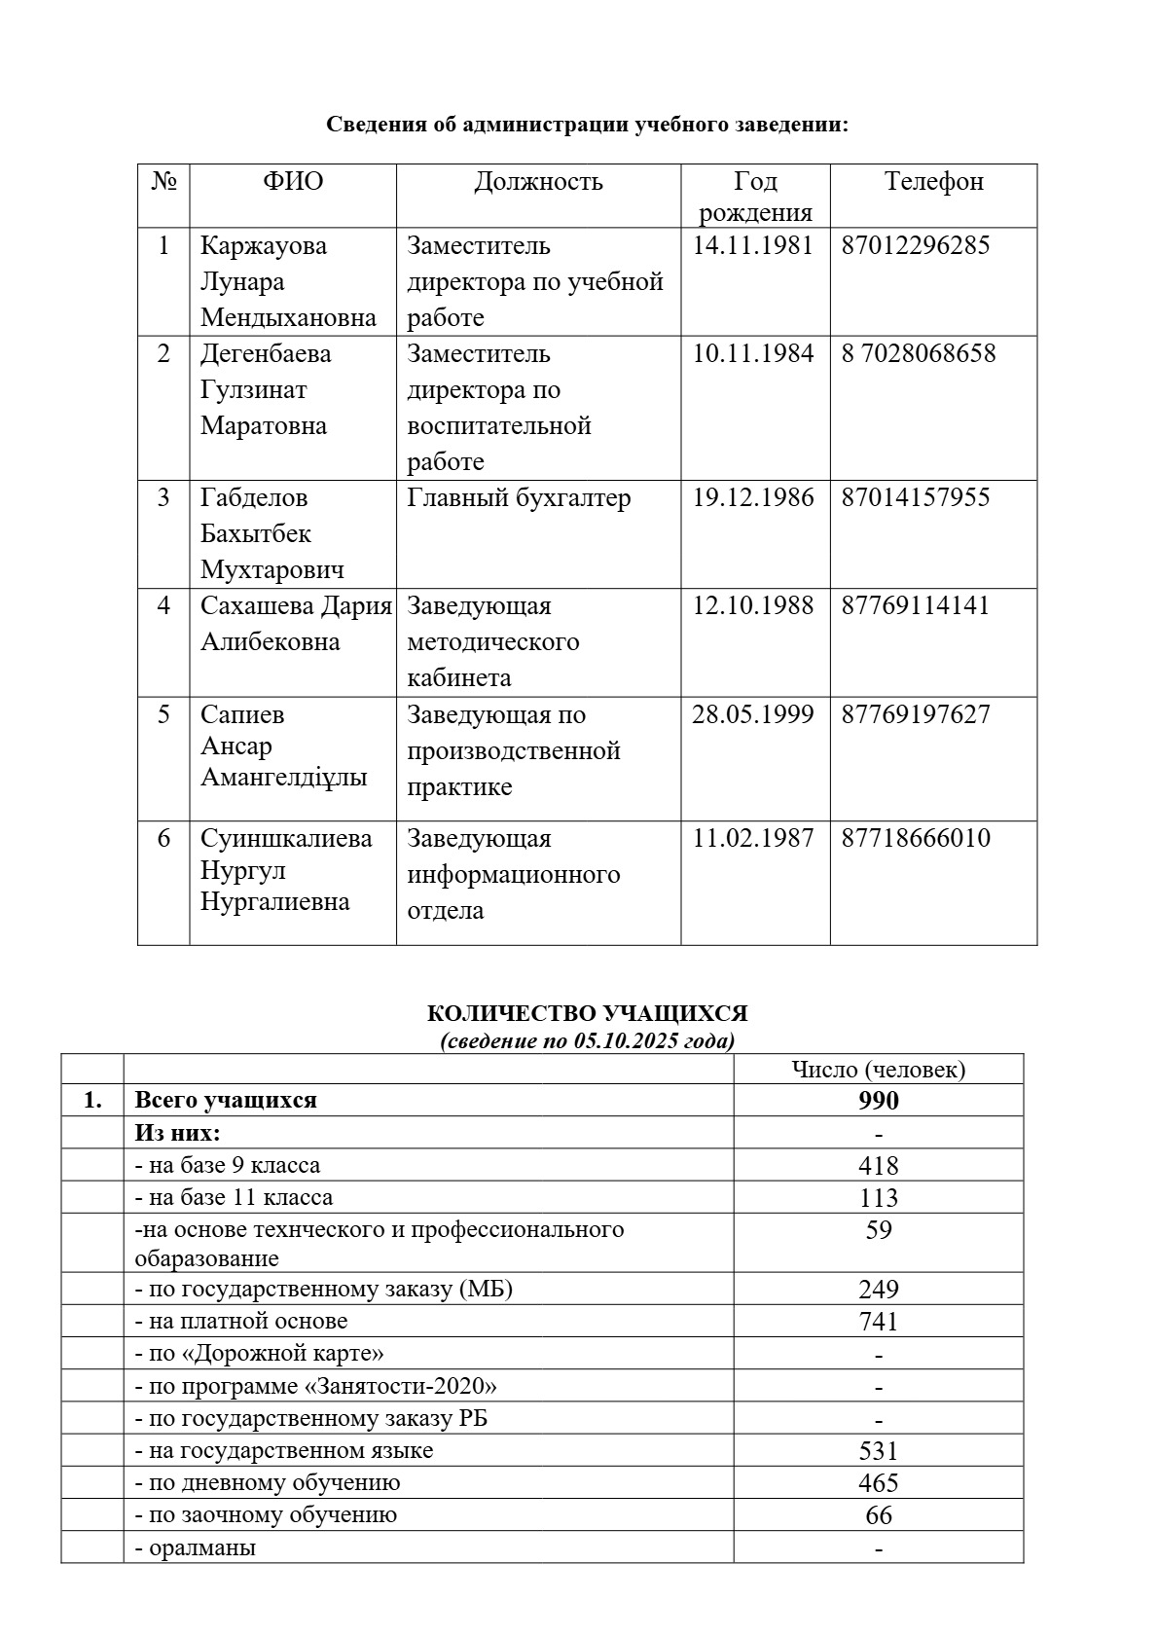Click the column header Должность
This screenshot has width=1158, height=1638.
point(538,182)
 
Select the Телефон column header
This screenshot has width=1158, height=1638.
point(933,182)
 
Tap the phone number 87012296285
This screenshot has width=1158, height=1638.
point(915,245)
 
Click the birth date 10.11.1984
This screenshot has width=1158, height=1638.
point(752,353)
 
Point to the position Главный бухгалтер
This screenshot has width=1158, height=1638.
point(519,497)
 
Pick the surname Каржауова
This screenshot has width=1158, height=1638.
point(264,245)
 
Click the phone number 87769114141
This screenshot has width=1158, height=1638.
point(915,605)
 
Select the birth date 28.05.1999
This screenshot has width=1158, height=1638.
point(752,714)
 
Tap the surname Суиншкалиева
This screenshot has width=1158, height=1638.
point(286,838)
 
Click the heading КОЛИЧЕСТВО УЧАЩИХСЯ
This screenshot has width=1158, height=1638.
point(587,1013)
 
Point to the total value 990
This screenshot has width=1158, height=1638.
point(878,1101)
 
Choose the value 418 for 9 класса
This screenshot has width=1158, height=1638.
point(878,1165)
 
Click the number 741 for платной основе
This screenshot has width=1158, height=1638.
point(878,1321)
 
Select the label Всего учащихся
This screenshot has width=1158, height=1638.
point(226,1101)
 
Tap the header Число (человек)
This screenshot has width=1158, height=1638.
point(878,1070)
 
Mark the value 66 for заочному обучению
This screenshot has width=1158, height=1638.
point(878,1515)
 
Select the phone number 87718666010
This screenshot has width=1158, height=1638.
point(915,838)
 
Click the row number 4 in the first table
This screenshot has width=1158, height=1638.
point(163,605)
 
